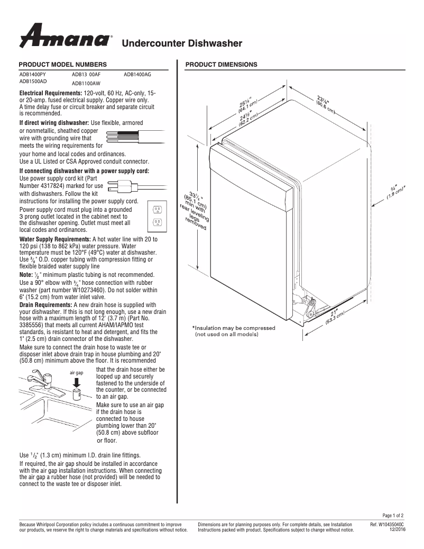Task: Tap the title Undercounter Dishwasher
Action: pos(182,43)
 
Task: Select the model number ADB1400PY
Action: pos(33,75)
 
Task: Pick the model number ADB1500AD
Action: pos(33,82)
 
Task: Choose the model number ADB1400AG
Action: pos(137,75)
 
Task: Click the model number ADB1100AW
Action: pos(86,84)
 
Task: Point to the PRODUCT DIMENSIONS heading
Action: pos(221,65)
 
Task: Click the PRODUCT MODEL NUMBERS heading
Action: pos(63,65)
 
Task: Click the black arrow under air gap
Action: pos(76,382)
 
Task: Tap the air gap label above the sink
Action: pos(76,373)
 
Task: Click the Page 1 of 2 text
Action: pos(393,515)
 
